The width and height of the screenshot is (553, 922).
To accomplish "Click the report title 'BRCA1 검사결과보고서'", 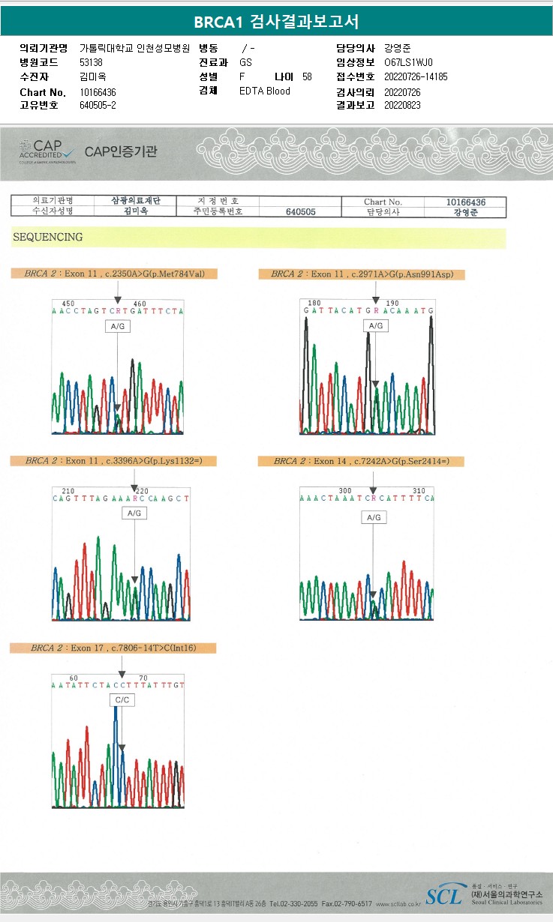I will [x=276, y=22].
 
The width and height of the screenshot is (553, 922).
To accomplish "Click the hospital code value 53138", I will [x=91, y=62].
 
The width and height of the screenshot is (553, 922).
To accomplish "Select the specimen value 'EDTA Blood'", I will [x=264, y=91].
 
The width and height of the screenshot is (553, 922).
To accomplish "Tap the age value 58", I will [x=307, y=76].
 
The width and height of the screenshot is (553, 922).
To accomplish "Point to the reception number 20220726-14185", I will [x=415, y=76].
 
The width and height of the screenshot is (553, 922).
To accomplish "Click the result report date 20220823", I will [x=402, y=105].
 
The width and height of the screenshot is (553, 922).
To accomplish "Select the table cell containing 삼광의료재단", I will [x=137, y=202].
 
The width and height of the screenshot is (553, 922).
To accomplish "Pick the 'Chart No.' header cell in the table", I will [x=383, y=202].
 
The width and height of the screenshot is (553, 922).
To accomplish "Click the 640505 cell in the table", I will [x=301, y=212].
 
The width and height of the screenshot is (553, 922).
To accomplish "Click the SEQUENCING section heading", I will [x=47, y=238].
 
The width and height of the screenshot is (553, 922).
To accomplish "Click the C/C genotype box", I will [x=122, y=700].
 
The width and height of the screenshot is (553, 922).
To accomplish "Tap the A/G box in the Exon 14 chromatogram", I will [x=373, y=517].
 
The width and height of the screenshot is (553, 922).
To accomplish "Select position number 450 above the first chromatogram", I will [x=68, y=304].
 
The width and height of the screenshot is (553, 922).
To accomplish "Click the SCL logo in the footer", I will [x=444, y=895].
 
